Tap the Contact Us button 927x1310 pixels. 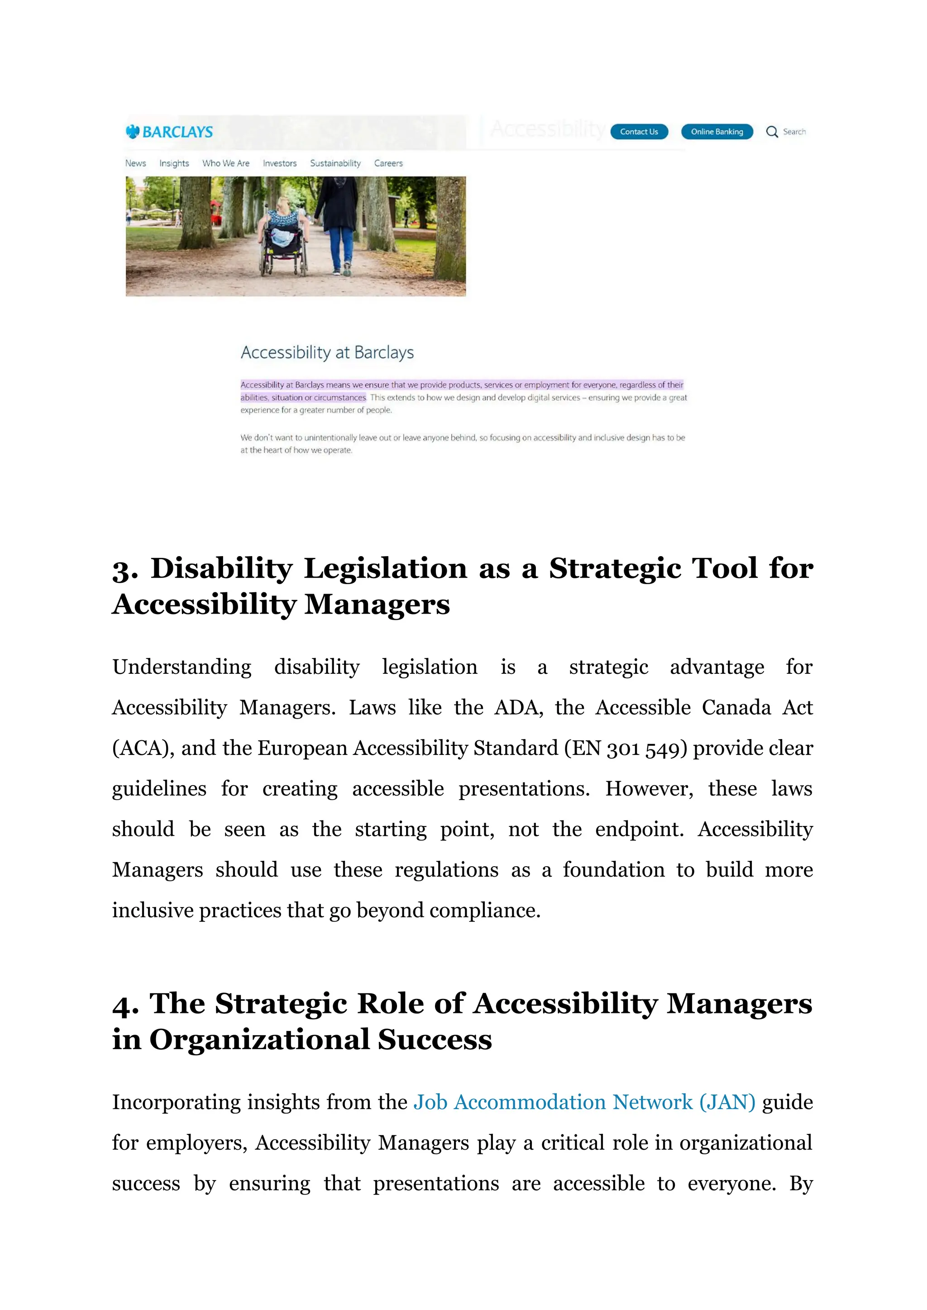[x=639, y=132]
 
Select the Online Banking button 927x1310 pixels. [x=717, y=132]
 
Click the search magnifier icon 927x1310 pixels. [x=772, y=132]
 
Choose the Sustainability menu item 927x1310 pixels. [x=335, y=163]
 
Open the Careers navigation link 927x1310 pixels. [x=388, y=163]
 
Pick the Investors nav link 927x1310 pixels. [x=280, y=163]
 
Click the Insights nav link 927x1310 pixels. [x=174, y=163]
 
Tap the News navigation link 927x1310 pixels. [x=136, y=163]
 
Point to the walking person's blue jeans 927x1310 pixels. [x=340, y=245]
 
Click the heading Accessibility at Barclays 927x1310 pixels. [x=327, y=352]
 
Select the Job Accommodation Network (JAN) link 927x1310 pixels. [x=584, y=1102]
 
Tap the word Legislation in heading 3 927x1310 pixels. [x=385, y=568]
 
